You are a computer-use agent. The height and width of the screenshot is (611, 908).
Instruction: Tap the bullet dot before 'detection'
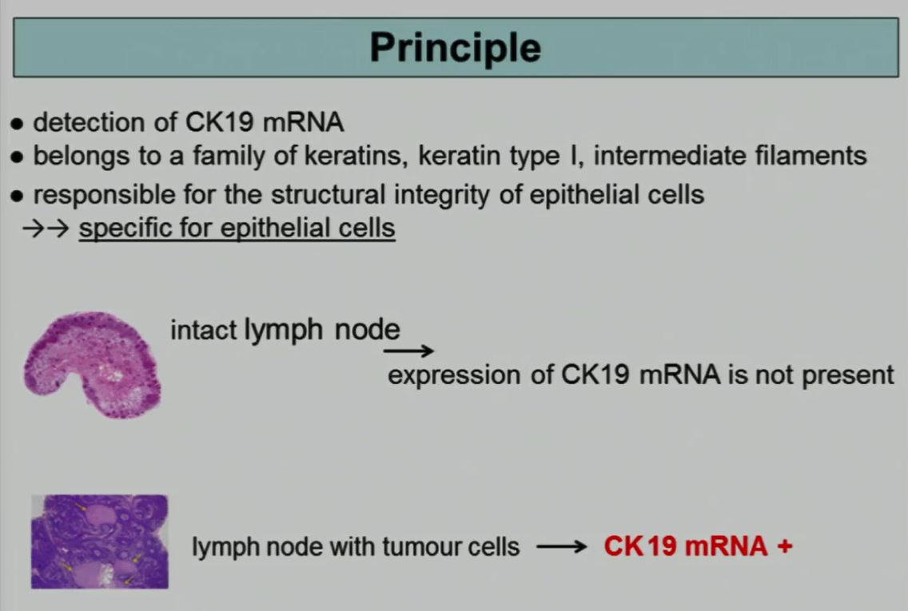point(18,124)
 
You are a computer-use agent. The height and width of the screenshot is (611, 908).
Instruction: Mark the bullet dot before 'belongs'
point(18,157)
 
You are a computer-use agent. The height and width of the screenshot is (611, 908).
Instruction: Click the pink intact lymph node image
point(93,364)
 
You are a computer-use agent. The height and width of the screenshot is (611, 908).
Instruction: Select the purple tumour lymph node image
point(100,542)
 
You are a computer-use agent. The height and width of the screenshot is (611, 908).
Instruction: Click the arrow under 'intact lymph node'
point(408,350)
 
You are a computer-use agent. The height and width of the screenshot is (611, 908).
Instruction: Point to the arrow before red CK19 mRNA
point(562,547)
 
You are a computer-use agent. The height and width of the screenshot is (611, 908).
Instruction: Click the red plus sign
point(785,546)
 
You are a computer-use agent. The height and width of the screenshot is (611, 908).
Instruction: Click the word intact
point(204,331)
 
